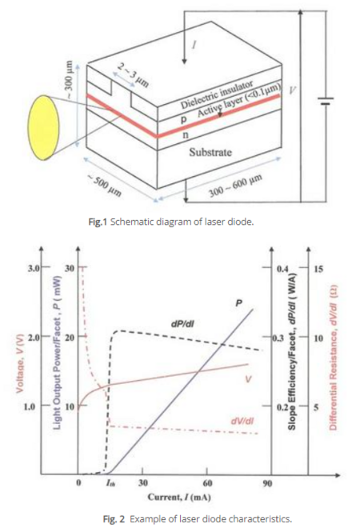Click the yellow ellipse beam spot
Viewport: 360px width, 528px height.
[43, 127]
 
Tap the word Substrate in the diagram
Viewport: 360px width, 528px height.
[210, 152]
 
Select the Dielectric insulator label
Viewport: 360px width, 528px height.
[218, 95]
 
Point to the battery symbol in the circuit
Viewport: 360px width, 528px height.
[326, 101]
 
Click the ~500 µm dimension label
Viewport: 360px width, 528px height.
[105, 186]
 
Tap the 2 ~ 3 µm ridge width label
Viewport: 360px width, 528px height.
[134, 75]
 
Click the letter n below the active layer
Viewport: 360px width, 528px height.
[186, 134]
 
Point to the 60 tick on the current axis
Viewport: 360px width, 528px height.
[207, 483]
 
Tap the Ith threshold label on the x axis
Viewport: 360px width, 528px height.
[110, 483]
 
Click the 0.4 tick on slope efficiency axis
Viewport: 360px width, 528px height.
[282, 269]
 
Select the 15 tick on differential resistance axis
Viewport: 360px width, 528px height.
[318, 269]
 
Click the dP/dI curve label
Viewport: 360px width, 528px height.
[182, 324]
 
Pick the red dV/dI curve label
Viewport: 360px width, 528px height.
[242, 421]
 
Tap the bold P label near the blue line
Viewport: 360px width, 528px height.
[238, 303]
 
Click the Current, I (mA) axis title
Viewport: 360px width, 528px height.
[179, 497]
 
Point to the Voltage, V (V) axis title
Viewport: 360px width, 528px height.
[20, 363]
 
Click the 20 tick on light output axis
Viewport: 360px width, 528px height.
[70, 338]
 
